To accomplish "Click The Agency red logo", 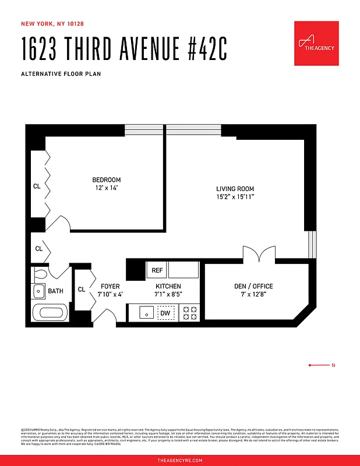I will [316, 43].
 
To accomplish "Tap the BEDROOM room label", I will [106, 180].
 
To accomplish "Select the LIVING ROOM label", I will [235, 189].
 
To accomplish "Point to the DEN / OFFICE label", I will [253, 286].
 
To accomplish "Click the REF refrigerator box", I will [157, 270].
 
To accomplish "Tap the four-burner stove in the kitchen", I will [190, 312].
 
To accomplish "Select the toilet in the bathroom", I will [40, 273].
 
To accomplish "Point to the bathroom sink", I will [38, 291].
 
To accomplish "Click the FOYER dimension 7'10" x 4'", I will [110, 295].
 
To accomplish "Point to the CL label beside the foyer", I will [82, 290].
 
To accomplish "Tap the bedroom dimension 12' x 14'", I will [106, 188].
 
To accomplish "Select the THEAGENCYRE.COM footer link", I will [180, 460].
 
